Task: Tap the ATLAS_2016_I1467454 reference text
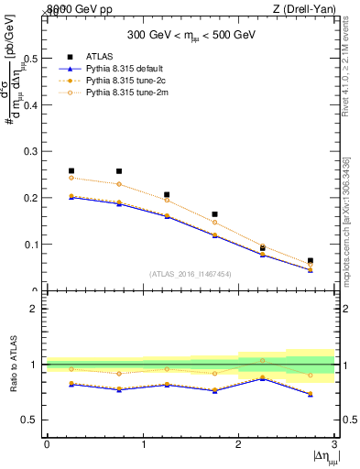191,273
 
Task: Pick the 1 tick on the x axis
143,443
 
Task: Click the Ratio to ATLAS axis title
12,365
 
